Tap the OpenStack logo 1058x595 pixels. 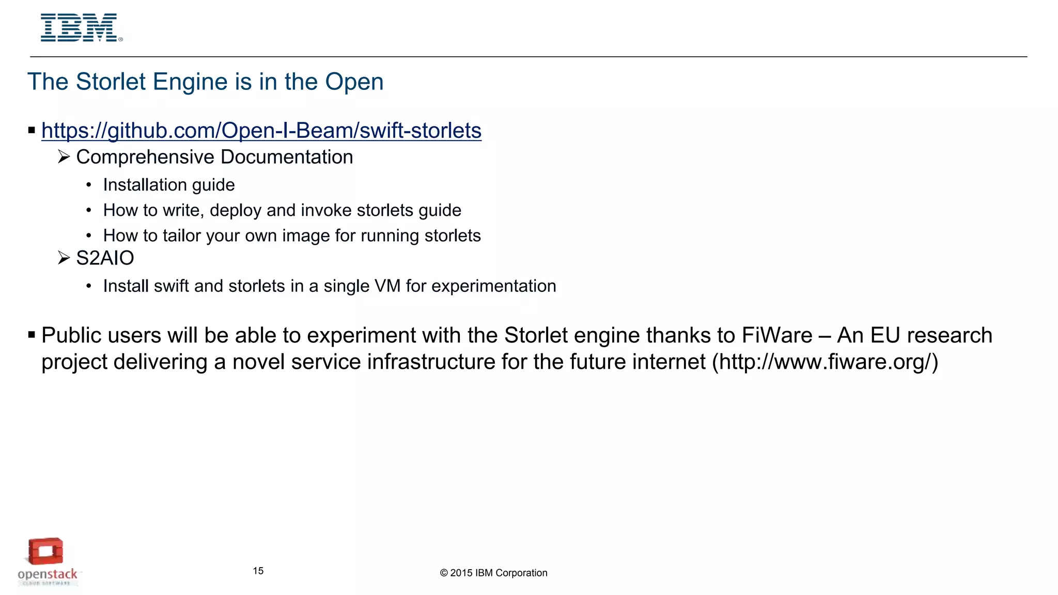pos(47,562)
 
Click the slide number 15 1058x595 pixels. pos(258,571)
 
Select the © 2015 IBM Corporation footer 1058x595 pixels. pos(493,573)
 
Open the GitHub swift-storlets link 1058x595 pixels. pos(261,130)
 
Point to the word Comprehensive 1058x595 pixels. pos(145,157)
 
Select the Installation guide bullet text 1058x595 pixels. pos(169,185)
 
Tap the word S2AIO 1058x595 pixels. pos(105,258)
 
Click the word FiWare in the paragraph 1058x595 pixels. pos(777,336)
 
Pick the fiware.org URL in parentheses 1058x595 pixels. pos(825,362)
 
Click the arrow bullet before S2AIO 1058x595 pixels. pos(64,258)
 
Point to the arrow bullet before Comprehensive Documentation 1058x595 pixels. pos(64,156)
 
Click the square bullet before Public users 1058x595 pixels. pos(32,335)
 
